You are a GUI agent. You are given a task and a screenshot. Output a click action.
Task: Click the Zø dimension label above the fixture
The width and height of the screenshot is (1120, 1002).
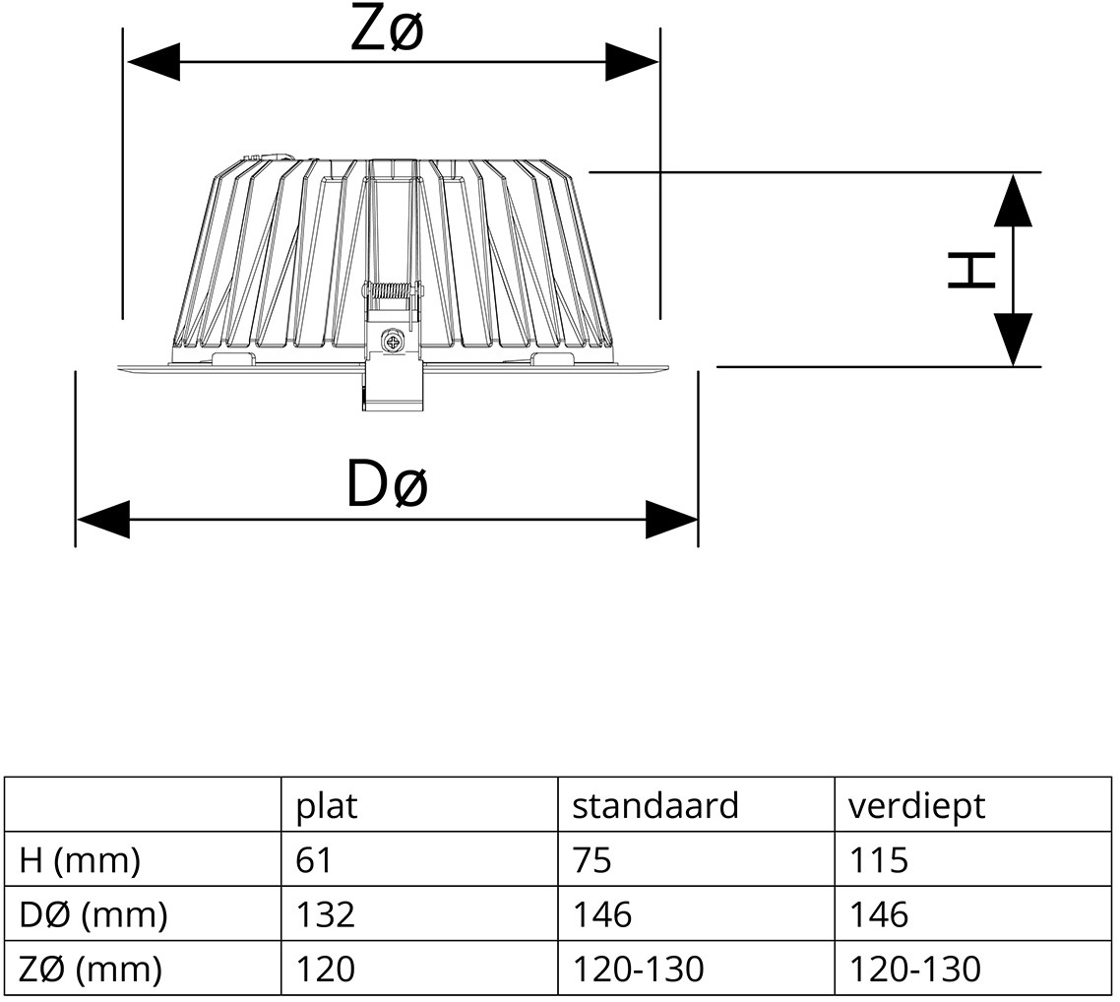[x=388, y=31]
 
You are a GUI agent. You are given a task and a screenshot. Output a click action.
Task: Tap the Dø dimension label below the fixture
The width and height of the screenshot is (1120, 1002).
[x=387, y=485]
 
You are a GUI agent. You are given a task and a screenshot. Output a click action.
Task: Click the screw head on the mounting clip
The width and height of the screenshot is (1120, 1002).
[x=394, y=343]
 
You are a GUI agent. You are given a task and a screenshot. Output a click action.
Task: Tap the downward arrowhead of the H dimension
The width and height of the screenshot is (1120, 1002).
[x=1013, y=339]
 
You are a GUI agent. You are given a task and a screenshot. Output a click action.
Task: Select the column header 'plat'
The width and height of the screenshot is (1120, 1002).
[x=327, y=806]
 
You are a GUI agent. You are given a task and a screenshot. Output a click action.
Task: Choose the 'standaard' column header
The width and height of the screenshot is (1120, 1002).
[x=654, y=806]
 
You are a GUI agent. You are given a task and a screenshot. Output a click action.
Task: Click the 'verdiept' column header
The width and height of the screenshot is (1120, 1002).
[x=916, y=806]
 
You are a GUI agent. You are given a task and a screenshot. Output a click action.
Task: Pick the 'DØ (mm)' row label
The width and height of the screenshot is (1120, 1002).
[x=93, y=915]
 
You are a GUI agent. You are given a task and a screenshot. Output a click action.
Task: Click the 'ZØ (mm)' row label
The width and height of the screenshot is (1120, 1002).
[x=91, y=970]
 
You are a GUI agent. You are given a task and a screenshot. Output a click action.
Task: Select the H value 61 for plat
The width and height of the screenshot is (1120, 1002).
[x=314, y=861]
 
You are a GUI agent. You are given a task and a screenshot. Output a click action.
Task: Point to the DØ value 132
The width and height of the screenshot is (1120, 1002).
[x=325, y=915]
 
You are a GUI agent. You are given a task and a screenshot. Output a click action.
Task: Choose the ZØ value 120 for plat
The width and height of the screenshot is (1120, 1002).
[x=325, y=970]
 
